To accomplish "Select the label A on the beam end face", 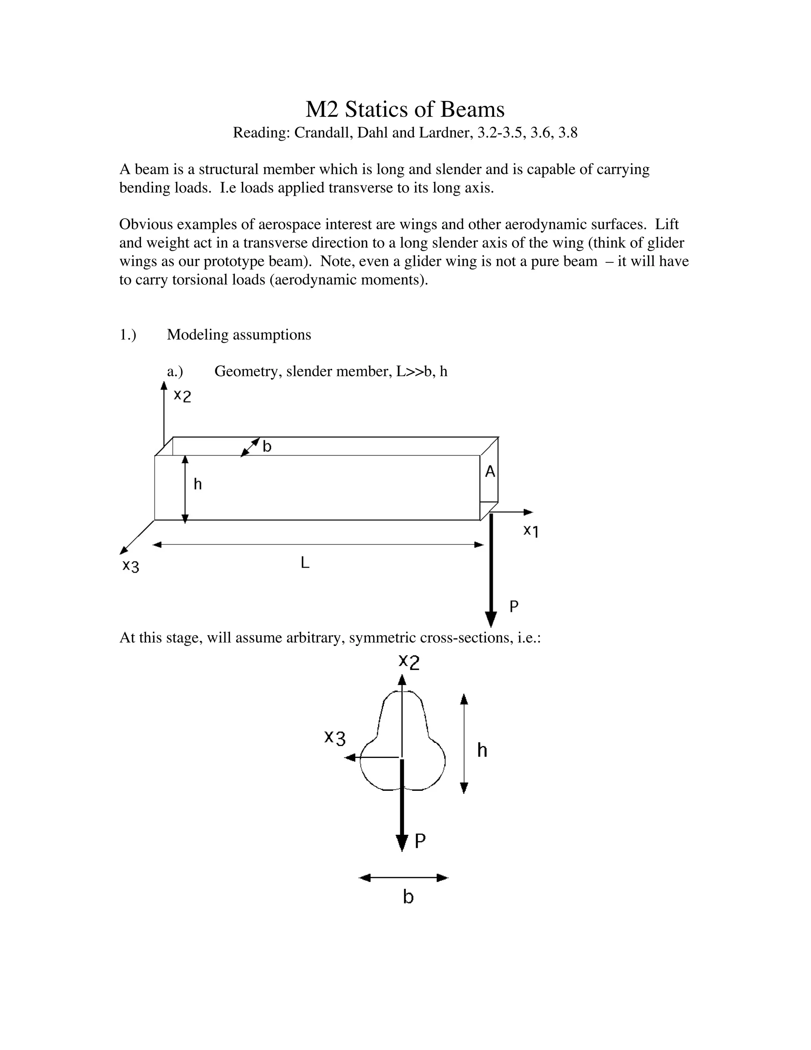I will point(489,472).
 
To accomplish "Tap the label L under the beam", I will point(305,563).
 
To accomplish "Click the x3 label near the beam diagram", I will point(131,566).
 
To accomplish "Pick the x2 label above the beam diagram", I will point(183,396).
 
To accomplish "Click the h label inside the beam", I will point(198,484).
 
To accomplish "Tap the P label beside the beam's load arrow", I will point(514,607).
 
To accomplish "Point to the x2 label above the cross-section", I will point(409,662).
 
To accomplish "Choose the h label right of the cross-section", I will point(482,750).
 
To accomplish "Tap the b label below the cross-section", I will point(408,897).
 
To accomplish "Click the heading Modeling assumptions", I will point(239,335).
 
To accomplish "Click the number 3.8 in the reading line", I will point(567,133).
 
